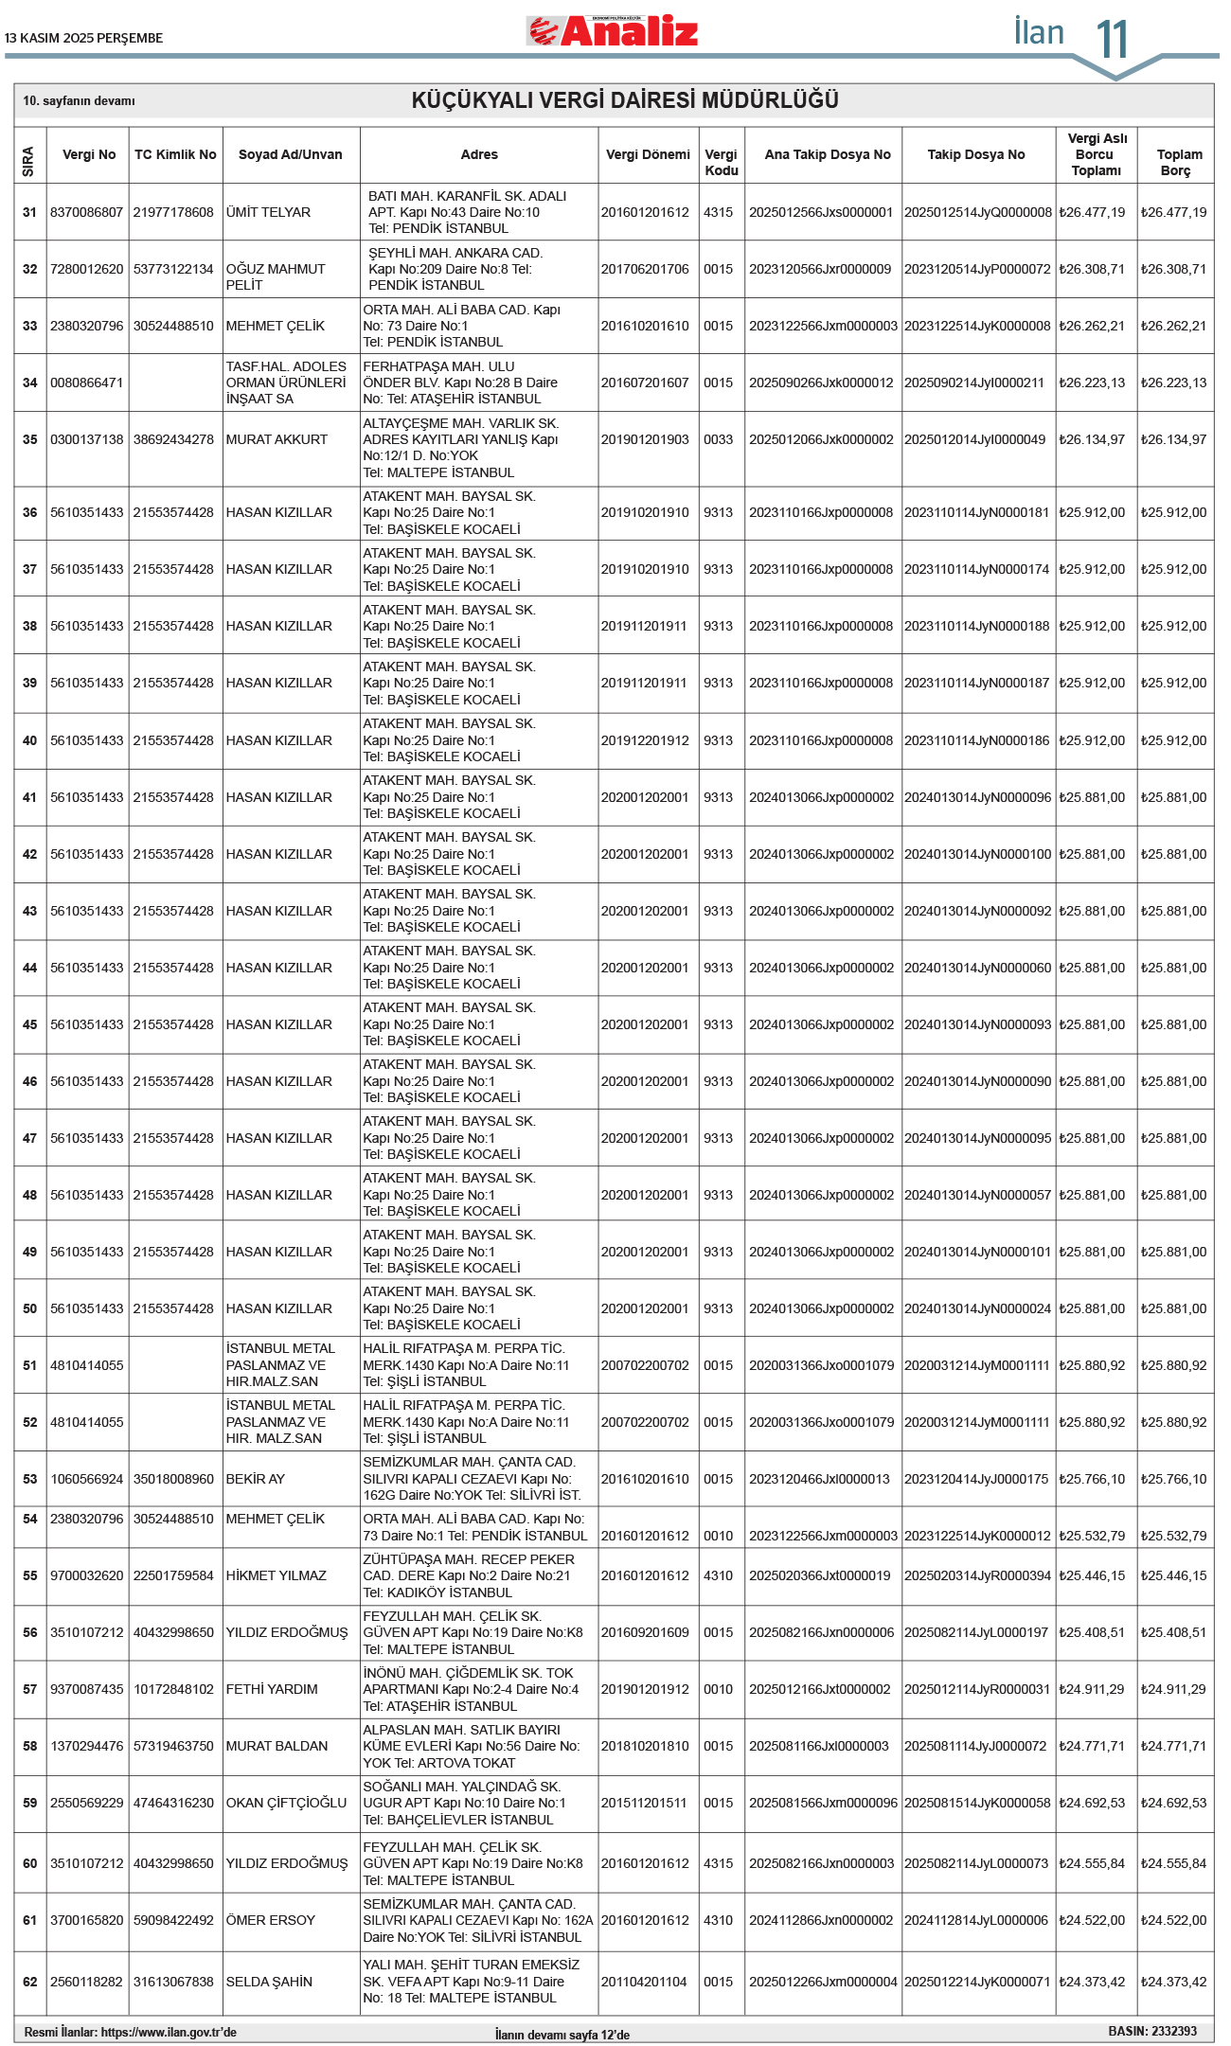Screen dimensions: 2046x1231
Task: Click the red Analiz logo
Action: pos(613,31)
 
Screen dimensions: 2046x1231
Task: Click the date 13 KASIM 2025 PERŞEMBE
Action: pos(83,38)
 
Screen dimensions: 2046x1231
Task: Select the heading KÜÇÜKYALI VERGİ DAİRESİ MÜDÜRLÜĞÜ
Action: pos(625,100)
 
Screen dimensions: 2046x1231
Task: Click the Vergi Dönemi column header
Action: pos(648,154)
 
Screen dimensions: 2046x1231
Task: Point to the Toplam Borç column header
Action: pos(1179,162)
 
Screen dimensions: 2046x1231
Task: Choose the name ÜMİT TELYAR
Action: pos(268,212)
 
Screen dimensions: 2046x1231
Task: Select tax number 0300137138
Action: pos(87,439)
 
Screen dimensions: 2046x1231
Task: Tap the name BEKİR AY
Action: pos(255,1479)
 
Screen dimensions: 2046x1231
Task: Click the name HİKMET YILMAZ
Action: pos(276,1575)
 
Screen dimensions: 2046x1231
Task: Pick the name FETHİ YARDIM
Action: pos(271,1689)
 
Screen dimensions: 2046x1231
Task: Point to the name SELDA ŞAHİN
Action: pos(268,1982)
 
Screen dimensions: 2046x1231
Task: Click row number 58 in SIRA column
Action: pos(30,1746)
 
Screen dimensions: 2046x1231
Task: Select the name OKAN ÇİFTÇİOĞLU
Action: pos(286,1803)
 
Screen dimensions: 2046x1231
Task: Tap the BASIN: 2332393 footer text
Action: pos(1151,2031)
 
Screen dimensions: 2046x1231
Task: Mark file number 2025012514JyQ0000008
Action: pos(977,212)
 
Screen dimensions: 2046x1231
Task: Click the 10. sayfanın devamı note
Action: pos(79,100)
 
